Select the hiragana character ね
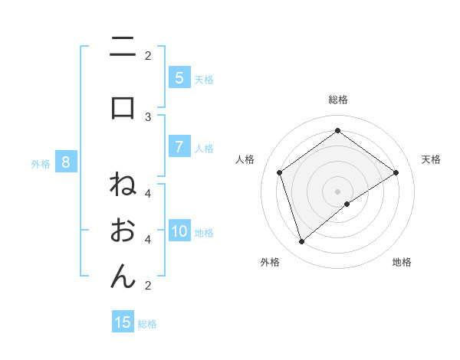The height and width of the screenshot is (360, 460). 123,185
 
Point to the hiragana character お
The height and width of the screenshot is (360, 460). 123,230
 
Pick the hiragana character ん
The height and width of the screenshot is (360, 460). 123,275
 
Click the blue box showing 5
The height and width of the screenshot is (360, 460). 179,78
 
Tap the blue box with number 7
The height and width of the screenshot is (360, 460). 179,147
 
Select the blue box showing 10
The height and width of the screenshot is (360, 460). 179,231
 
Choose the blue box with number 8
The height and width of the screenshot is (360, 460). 66,162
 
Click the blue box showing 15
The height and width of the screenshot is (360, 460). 123,322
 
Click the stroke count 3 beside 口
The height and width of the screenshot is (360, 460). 148,116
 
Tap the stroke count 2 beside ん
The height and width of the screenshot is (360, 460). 148,286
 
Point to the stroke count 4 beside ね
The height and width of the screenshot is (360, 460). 148,193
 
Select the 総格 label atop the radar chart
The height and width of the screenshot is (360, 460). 337,100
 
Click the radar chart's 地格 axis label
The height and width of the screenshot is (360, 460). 402,262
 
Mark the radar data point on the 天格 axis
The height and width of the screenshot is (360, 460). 396,172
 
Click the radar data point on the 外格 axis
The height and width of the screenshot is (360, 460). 301,242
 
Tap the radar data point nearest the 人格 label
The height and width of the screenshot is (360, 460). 280,172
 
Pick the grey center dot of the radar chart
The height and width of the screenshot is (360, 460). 337,191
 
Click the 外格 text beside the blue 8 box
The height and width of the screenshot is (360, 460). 40,163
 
